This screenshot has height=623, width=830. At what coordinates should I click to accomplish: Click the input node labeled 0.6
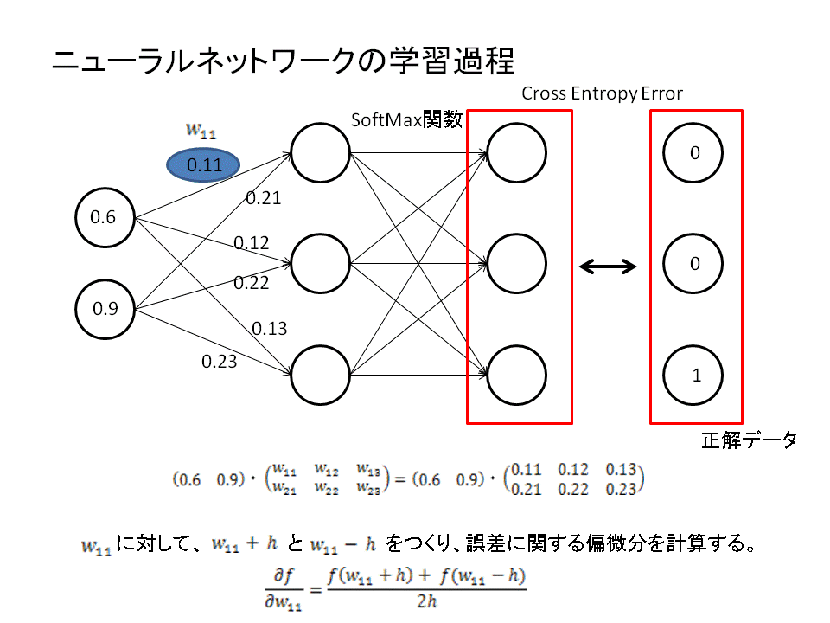coord(105,217)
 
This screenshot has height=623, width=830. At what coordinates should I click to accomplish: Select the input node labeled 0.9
coord(105,307)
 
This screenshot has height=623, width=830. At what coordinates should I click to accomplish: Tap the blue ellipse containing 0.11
coord(204,164)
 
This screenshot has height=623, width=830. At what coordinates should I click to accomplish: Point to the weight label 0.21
coord(263,198)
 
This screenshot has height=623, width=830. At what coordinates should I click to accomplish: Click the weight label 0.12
coord(251,243)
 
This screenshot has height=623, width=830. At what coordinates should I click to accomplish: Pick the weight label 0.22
coord(251,282)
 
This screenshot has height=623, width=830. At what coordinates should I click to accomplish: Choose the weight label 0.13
coord(270,328)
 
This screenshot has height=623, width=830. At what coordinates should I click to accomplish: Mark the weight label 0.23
coord(219,362)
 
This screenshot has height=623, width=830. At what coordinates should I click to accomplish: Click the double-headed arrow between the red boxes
coord(608,267)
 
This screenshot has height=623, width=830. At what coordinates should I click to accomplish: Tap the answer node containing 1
coord(695,376)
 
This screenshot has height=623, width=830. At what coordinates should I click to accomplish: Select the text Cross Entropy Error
coord(602,93)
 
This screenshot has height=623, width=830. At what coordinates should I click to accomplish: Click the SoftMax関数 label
coord(405,120)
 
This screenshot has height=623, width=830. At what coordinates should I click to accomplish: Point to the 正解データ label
coord(748,440)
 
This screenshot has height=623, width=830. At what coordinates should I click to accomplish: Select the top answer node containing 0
coord(694,153)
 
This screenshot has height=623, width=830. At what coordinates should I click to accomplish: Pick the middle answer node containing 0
coord(694,265)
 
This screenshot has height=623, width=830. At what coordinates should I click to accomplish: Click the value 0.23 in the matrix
coord(620,489)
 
